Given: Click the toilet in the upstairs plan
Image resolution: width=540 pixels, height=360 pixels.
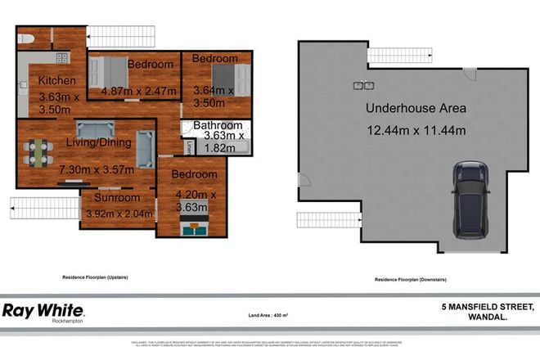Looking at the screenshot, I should coord(25,38).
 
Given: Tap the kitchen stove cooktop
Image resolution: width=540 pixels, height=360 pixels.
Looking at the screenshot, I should coord(62,57).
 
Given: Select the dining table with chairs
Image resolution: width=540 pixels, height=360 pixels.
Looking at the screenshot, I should coord(36,151).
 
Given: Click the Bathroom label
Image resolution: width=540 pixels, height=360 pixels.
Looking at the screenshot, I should coord(218,125).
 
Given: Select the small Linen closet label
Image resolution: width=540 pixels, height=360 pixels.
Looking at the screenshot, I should coord(188,146).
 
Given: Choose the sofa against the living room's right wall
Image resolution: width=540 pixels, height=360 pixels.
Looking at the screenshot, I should coord(145,149).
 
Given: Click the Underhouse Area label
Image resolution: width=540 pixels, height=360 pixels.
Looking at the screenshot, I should coord(416,108).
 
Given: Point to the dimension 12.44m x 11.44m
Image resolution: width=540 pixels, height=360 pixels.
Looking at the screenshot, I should coord(416,129).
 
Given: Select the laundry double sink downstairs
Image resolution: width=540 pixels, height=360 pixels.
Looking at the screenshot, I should coord(362,85).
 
